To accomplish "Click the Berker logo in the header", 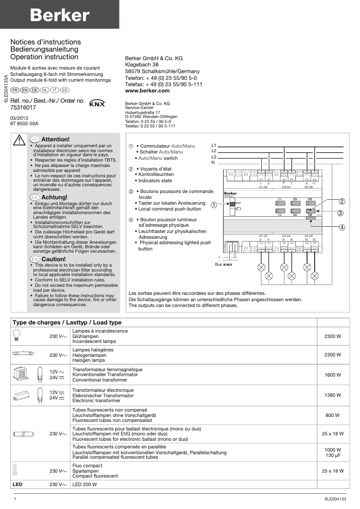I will [59, 15].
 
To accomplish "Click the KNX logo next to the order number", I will [97, 104].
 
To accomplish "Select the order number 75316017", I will [23, 108].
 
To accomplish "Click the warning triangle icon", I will [19, 140].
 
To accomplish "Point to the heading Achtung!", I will [54, 197].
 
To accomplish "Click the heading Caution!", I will [53, 259].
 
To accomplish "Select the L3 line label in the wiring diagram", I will [214, 157].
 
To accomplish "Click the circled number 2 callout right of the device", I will [342, 202].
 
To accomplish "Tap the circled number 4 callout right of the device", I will [342, 227].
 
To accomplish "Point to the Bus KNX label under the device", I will [224, 265].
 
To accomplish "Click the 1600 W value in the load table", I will [333, 375].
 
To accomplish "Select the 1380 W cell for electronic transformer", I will [333, 395].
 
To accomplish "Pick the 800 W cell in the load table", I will [333, 416].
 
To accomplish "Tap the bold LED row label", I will [18, 485].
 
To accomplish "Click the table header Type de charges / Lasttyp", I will [67, 323].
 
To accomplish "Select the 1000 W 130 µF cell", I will [333, 453].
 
